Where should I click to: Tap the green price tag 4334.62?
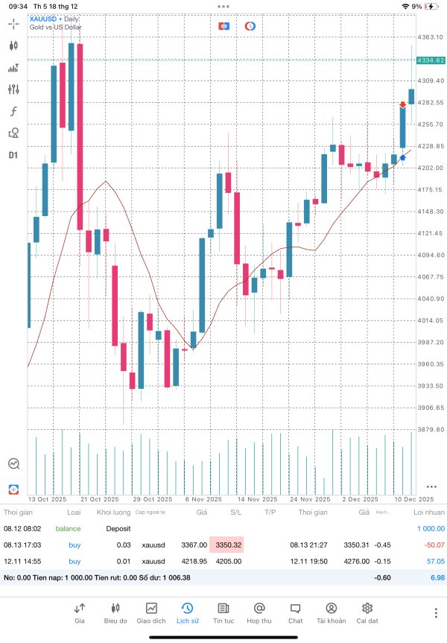431,60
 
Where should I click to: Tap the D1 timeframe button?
13,155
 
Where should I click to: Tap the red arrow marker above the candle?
402,106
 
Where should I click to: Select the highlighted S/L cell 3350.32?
226,545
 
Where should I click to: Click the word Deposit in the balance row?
118,528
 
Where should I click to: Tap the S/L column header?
235,513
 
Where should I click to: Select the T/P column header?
270,513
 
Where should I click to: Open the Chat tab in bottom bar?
295,612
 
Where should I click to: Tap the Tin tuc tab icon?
223,608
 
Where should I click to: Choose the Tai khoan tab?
331,612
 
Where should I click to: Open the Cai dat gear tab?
367,612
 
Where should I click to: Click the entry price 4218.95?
194,560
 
